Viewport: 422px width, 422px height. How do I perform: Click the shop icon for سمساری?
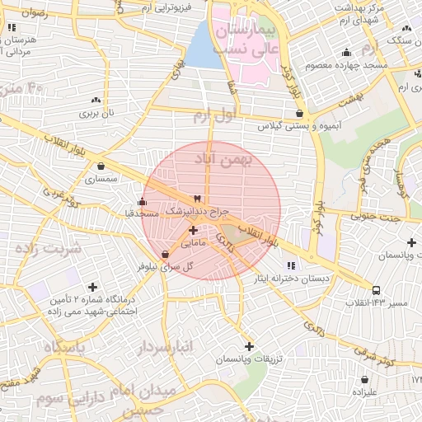pos(100,166)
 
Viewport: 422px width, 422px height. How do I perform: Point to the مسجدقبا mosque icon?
pos(142,201)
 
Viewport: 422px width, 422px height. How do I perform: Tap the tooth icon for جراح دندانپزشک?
pos(196,199)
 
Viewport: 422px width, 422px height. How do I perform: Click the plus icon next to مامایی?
pos(192,231)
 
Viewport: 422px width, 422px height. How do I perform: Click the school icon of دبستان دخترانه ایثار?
pos(291,265)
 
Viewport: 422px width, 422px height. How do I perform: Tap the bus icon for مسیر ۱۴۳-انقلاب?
pos(376,290)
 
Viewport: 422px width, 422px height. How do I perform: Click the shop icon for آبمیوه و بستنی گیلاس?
pos(298,113)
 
